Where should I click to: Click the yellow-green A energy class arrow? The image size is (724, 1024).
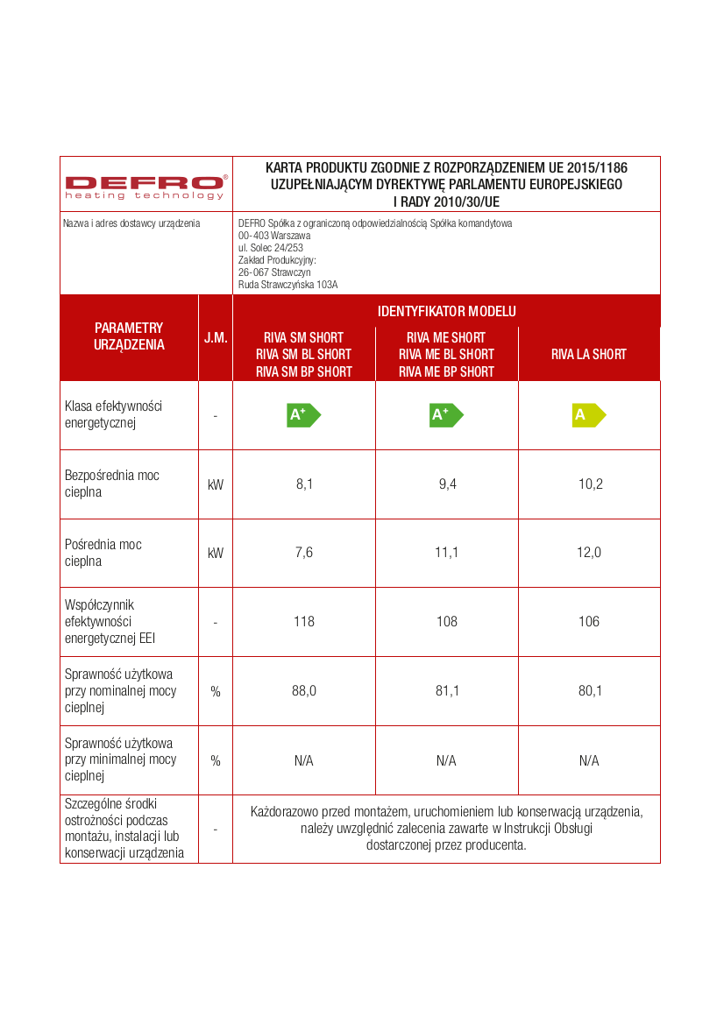tap(588, 415)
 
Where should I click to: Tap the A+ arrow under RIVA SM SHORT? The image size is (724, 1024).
tap(303, 415)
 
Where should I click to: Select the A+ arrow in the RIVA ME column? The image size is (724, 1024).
tap(446, 415)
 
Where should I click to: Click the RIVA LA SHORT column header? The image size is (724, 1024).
tap(589, 355)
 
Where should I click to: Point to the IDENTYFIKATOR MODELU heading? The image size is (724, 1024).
tap(446, 311)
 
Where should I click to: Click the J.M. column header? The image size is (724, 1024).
tap(216, 337)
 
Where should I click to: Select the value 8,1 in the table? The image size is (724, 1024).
tap(303, 484)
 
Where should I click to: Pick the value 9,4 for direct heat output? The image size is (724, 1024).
tap(447, 484)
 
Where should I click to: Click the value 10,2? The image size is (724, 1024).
tap(590, 484)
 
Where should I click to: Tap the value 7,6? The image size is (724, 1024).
tap(303, 553)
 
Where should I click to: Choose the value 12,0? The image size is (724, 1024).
tap(590, 553)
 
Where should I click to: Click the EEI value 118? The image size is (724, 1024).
tap(303, 622)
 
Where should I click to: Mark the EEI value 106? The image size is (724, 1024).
tap(589, 622)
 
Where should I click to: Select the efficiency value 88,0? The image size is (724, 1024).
tap(303, 691)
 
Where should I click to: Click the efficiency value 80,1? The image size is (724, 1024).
tap(590, 691)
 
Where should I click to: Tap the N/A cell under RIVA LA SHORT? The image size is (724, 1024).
tap(589, 760)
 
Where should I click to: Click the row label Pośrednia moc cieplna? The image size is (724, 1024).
tap(103, 553)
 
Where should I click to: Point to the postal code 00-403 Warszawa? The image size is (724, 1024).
tap(274, 236)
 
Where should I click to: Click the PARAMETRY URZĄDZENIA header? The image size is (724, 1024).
tap(129, 337)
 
